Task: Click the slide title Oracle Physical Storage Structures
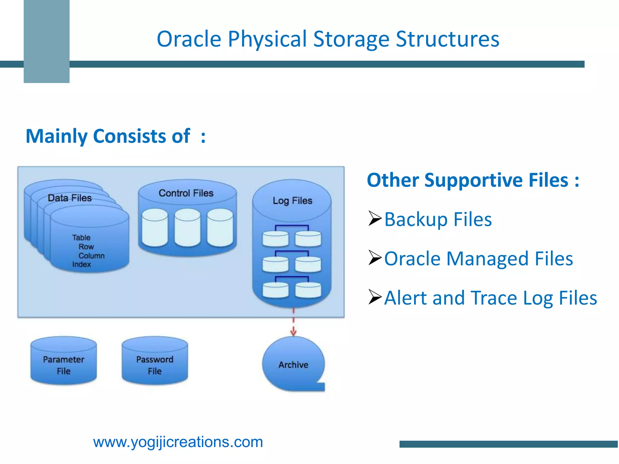[x=328, y=39]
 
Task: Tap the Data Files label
[x=70, y=198]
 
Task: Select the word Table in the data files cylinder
[x=81, y=238]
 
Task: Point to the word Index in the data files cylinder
[x=81, y=265]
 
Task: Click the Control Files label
[x=186, y=193]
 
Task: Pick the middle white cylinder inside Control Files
[x=187, y=227]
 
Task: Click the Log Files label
[x=292, y=201]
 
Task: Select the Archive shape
[x=293, y=365]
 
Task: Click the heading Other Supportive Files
[x=473, y=180]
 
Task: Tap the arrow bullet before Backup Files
[x=375, y=218]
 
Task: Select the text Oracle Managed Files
[x=478, y=259]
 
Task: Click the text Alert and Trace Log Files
[x=491, y=298]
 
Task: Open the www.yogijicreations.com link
[x=178, y=442]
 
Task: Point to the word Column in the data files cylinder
[x=91, y=256]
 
